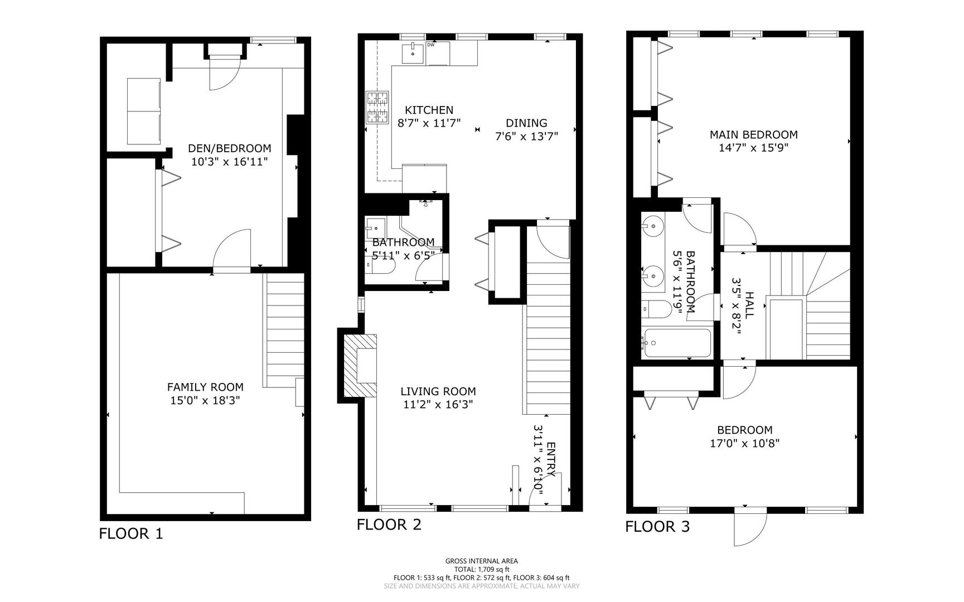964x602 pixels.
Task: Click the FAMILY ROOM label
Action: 205,387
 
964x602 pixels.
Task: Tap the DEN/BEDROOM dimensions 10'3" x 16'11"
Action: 230,162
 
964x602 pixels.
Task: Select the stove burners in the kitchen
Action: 377,108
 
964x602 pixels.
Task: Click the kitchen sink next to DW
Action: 413,54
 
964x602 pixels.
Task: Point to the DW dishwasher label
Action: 430,45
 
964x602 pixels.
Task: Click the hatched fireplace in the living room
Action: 359,365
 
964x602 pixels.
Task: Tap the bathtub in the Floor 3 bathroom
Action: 677,343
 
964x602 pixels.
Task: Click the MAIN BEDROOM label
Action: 753,134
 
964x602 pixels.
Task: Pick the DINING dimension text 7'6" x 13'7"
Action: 526,136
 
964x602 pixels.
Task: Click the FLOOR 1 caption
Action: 131,533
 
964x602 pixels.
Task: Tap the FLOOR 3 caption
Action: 657,526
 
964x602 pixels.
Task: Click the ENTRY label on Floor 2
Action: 551,459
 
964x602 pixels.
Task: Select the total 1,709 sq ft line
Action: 481,570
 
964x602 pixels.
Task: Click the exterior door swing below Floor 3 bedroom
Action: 749,529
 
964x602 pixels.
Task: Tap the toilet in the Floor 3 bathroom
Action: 658,309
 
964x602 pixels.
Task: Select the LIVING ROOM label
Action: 438,391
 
